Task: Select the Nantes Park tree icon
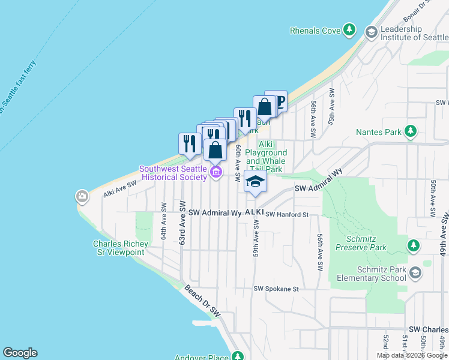coord(411,131)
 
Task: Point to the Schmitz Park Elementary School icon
coord(415,275)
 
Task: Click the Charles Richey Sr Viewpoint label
coord(119,248)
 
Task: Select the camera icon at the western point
coord(82,196)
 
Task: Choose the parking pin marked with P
coord(277,101)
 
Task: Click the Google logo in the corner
coord(20,353)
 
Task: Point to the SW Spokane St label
coord(276,289)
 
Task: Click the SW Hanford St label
coord(288,214)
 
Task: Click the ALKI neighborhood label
coord(254,213)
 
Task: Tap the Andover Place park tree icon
coord(238,357)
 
